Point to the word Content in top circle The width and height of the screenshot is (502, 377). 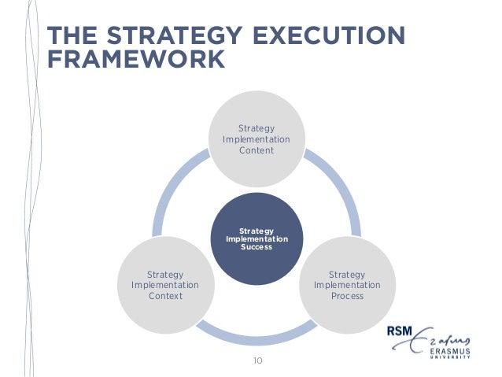257,150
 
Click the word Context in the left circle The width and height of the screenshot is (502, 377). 165,296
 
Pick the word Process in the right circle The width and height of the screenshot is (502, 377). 347,296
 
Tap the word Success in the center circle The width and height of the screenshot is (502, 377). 257,246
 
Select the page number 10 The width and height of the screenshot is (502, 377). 257,361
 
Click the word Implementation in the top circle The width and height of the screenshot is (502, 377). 257,139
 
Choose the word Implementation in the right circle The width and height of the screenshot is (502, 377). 347,285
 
